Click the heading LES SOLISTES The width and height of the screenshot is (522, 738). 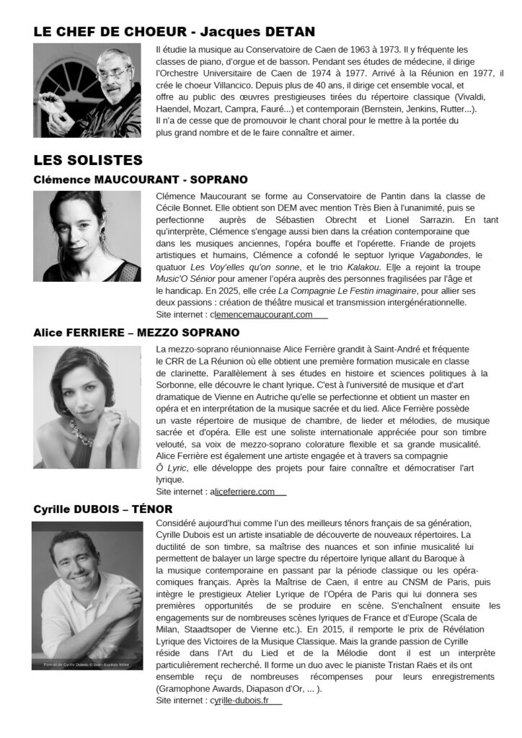(x=88, y=159)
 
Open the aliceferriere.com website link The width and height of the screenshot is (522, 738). (x=245, y=492)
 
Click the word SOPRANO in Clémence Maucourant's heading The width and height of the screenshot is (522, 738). (x=218, y=179)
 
